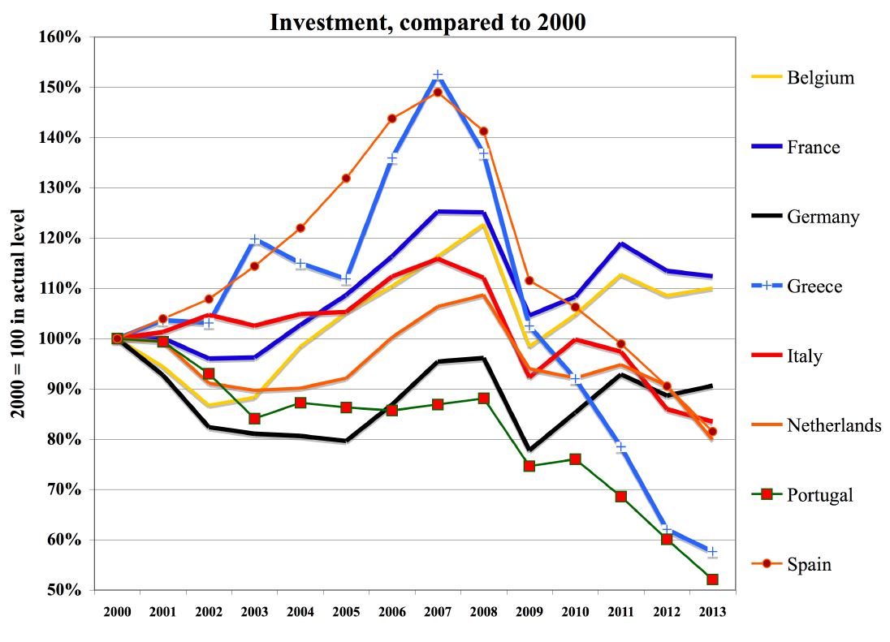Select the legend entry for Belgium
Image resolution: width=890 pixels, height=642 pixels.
pyautogui.click(x=820, y=78)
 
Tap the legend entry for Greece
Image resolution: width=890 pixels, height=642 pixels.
pyautogui.click(x=814, y=287)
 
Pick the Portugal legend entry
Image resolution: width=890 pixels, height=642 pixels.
pyautogui.click(x=819, y=494)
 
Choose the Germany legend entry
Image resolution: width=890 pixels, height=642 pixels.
pyautogui.click(x=823, y=217)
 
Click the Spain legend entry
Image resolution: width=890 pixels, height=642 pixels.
pyautogui.click(x=809, y=564)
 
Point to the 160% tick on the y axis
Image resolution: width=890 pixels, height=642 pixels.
pyautogui.click(x=60, y=37)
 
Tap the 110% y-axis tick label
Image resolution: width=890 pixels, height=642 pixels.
pyautogui.click(x=60, y=289)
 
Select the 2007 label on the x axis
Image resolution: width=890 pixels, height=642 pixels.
pyautogui.click(x=438, y=610)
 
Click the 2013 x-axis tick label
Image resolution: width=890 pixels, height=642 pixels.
pyautogui.click(x=712, y=610)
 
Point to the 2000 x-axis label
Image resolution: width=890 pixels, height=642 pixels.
pyautogui.click(x=117, y=610)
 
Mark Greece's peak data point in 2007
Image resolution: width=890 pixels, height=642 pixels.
pyautogui.click(x=438, y=75)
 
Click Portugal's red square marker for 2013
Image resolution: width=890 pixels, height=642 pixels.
pyautogui.click(x=712, y=580)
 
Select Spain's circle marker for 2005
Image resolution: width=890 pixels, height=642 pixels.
pyautogui.click(x=346, y=178)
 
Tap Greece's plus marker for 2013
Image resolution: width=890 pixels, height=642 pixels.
pyautogui.click(x=712, y=552)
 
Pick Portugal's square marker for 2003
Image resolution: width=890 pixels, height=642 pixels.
pyautogui.click(x=254, y=419)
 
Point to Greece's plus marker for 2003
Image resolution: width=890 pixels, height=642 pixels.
pyautogui.click(x=254, y=240)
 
